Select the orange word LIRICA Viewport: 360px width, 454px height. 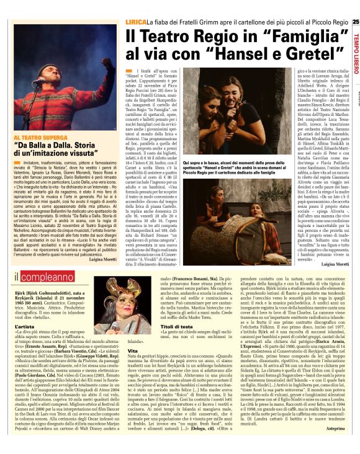(136, 22)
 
